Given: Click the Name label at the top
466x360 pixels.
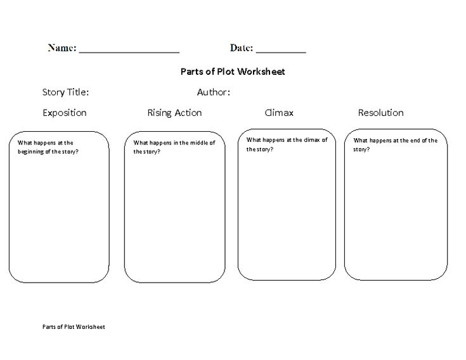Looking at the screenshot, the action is click(62, 48).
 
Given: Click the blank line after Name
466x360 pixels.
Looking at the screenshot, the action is click(129, 53).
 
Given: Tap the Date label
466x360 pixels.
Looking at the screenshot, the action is click(242, 48).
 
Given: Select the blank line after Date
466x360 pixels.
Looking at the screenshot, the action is click(281, 53).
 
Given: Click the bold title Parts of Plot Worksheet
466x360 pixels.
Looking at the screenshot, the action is click(233, 72).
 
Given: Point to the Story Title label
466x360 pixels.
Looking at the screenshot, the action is click(65, 93).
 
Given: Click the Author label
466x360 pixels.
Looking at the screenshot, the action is click(214, 93).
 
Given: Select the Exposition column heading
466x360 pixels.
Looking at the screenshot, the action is click(65, 113).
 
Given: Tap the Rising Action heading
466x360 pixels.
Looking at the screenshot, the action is click(174, 113).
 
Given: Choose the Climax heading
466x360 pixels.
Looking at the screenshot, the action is click(279, 113).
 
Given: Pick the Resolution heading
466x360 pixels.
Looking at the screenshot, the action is click(380, 113).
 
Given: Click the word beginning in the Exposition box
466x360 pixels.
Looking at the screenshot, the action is click(30, 151).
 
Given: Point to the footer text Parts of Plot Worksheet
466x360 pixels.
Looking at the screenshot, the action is click(74, 327).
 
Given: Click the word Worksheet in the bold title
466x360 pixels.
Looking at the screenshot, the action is click(261, 72).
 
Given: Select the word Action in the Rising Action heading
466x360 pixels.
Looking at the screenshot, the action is click(188, 113).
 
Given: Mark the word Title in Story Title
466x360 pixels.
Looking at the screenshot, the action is click(78, 93).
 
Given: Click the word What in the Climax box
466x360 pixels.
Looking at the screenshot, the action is click(254, 140).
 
